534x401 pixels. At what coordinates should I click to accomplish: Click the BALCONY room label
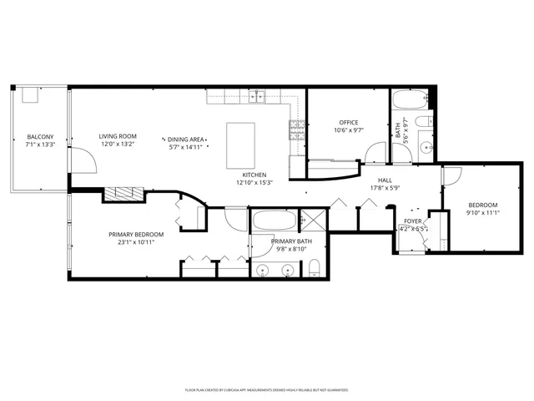39,136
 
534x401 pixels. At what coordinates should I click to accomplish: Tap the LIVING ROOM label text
118,136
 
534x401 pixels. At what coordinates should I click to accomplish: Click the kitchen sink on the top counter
260,96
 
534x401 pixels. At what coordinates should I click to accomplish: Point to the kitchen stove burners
295,129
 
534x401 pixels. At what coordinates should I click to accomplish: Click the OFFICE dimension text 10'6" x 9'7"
348,130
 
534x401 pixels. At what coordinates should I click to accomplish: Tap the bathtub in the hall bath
410,102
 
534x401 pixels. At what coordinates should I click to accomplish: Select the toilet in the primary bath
315,269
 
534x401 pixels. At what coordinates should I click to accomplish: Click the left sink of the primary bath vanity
264,270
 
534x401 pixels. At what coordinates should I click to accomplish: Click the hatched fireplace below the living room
123,194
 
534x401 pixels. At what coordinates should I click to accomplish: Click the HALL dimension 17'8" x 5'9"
385,188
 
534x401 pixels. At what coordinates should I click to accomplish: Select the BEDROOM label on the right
482,206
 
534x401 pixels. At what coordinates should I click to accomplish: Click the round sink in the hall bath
426,147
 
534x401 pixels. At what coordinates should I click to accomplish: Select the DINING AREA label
185,140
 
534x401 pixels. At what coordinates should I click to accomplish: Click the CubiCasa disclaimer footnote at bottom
266,389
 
